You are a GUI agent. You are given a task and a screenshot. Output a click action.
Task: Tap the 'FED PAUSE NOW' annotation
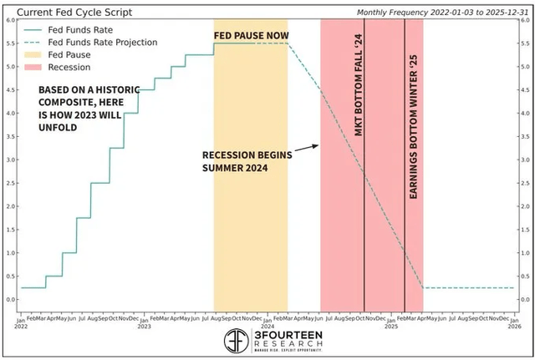pos(251,35)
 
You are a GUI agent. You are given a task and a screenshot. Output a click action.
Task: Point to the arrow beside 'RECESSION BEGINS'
pos(307,147)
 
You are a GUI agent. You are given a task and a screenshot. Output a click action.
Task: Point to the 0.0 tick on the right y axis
pos(525,299)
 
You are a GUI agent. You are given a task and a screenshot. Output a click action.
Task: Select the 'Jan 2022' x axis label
pos(19,322)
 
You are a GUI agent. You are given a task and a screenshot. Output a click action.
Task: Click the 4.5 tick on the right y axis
pos(525,90)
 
